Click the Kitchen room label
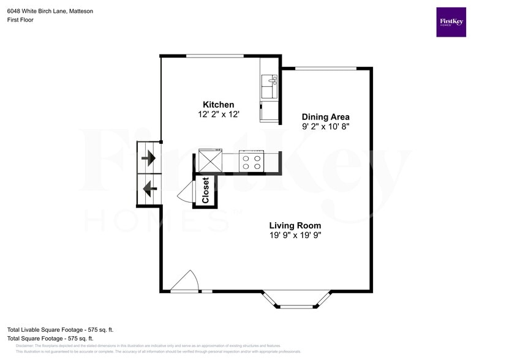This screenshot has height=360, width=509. [218, 105]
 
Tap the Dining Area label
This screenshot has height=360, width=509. [325, 117]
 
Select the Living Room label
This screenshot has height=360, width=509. [295, 225]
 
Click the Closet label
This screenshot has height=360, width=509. [206, 190]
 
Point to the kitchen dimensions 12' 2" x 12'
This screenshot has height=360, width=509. [218, 114]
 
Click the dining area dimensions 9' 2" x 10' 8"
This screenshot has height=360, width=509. [325, 127]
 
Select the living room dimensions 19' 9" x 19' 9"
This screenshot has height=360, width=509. [295, 235]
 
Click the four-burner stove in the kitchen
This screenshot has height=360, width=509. [251, 162]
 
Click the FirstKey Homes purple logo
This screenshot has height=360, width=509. [451, 22]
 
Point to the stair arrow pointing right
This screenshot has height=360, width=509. [148, 159]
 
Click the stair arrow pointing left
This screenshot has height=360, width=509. [148, 189]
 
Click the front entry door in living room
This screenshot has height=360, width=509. [184, 283]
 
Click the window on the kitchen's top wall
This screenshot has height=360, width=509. [214, 56]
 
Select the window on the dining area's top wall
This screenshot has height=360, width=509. [326, 68]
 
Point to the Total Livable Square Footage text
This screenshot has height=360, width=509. [60, 329]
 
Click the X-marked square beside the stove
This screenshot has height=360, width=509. [210, 162]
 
